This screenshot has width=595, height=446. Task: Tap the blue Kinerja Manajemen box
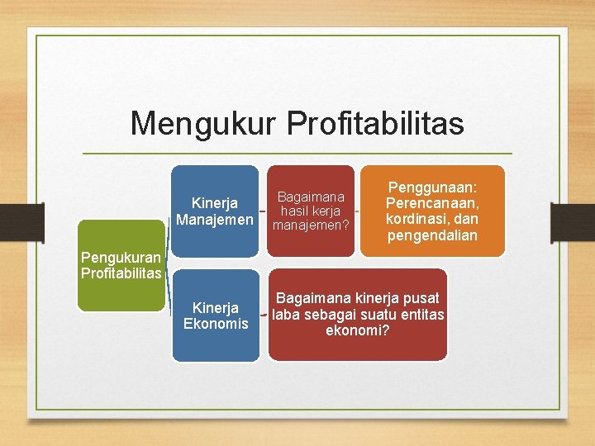(x=215, y=211)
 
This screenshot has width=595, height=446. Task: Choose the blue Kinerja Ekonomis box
(x=216, y=315)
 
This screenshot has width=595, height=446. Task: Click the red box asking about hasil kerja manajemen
(x=311, y=211)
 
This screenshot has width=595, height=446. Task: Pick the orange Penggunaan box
(x=432, y=211)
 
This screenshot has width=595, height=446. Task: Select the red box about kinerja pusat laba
(x=358, y=314)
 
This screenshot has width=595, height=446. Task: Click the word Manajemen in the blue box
(x=215, y=220)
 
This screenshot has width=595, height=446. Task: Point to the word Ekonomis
(x=216, y=323)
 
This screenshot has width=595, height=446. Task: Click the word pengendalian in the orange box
(x=432, y=237)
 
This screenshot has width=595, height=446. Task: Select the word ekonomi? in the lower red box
(x=358, y=330)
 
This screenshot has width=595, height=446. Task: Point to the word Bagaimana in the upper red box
(x=311, y=197)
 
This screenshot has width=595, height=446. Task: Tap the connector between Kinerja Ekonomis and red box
(x=264, y=315)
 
